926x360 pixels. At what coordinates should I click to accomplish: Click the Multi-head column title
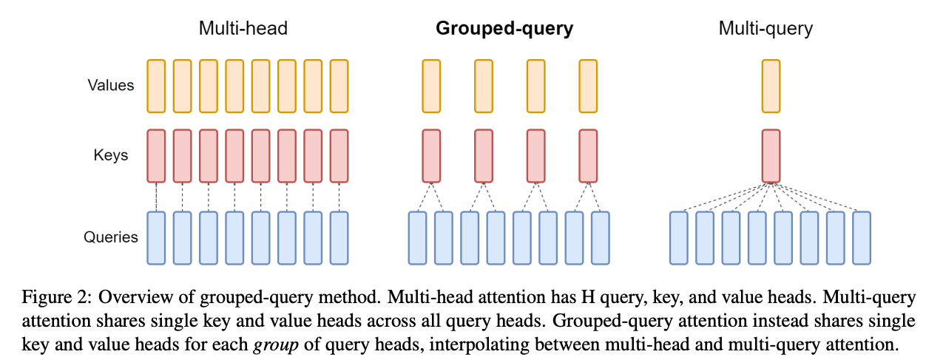coord(243,29)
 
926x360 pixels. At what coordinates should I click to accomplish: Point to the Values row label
coord(111,85)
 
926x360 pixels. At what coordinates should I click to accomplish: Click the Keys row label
coord(111,155)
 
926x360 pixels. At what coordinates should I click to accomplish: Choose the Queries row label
coord(111,237)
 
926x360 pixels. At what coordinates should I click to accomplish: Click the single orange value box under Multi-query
coord(771,86)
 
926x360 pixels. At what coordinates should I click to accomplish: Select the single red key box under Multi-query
coord(771,156)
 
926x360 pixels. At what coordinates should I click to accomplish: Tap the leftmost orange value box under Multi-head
coord(156,86)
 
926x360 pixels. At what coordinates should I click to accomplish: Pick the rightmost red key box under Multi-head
coord(339,156)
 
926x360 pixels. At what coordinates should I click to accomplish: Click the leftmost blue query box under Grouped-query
coord(418,238)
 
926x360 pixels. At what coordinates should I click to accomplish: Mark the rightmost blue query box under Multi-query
coord(862,238)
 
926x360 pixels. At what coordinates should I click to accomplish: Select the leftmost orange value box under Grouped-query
coord(431,86)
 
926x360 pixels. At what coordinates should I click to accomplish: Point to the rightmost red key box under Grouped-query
coord(588,156)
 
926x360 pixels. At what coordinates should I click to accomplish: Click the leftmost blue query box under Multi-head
coord(156,238)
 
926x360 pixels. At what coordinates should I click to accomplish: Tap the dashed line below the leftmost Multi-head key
coord(156,197)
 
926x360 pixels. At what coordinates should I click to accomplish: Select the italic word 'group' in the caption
coord(276,345)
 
